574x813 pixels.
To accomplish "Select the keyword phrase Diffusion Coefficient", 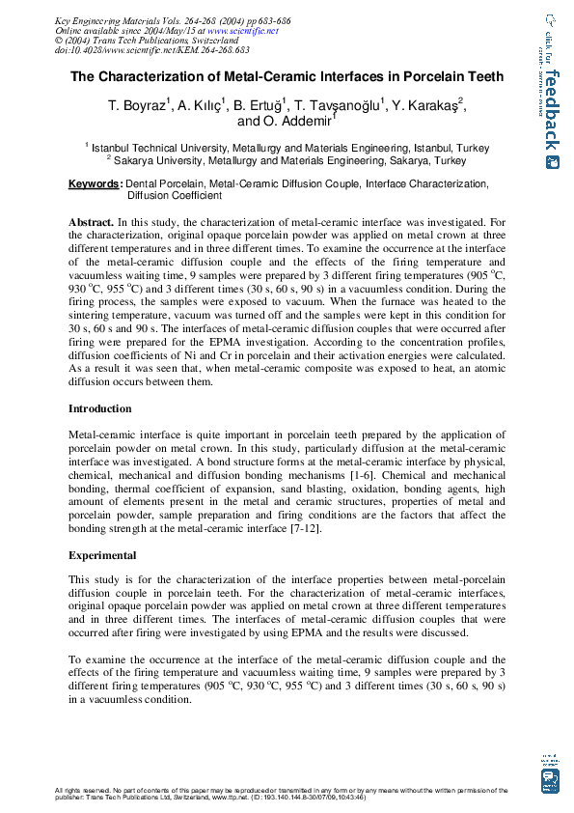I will coord(175,195).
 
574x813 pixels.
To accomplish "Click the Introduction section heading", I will coord(99,409).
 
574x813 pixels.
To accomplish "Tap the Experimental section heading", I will coord(102,556).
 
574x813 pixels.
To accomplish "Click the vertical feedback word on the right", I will coord(551,111).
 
